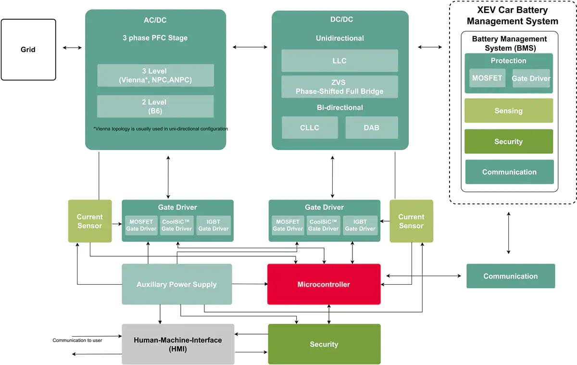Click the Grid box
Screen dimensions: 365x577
(28, 50)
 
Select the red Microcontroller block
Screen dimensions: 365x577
(324, 284)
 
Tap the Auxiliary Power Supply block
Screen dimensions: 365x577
(176, 284)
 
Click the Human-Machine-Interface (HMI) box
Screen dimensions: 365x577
(178, 344)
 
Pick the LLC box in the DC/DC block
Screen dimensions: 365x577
(339, 61)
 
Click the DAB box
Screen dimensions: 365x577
(372, 127)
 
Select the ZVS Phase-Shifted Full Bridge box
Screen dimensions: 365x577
(339, 87)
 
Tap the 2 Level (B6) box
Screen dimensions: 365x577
(155, 106)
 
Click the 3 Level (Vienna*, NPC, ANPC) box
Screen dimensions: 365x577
(155, 76)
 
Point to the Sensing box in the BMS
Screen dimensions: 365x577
(508, 111)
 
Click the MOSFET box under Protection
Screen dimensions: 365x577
(487, 78)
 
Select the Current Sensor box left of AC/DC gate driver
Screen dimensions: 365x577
(90, 221)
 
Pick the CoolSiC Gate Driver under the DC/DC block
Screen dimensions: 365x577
(324, 225)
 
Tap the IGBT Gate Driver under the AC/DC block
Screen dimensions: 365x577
(213, 225)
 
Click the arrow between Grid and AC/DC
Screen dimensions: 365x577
(72, 47)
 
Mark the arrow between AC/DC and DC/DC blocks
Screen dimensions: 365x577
(250, 47)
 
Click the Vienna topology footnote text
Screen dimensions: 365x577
(161, 129)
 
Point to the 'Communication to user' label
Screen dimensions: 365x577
(77, 340)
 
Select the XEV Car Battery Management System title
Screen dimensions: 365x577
(512, 16)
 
